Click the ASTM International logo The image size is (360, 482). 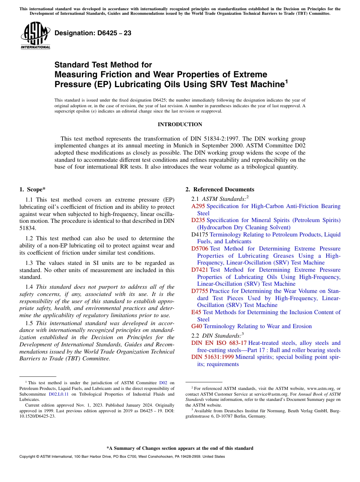click(x=35, y=36)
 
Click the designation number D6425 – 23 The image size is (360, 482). click(x=93, y=33)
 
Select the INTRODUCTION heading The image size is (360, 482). click(x=180, y=124)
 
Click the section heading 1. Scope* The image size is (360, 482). click(x=33, y=189)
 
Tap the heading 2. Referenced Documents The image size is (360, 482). click(x=220, y=189)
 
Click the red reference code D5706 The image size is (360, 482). click(x=200, y=249)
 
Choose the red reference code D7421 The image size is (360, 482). click(x=200, y=270)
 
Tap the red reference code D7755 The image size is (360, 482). click(x=200, y=291)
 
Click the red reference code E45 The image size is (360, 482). click(x=196, y=312)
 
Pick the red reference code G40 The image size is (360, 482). click(x=197, y=326)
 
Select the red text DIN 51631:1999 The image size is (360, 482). click(x=213, y=357)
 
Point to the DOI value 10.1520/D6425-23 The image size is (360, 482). click(x=37, y=416)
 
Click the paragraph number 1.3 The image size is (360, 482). click(x=29, y=263)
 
